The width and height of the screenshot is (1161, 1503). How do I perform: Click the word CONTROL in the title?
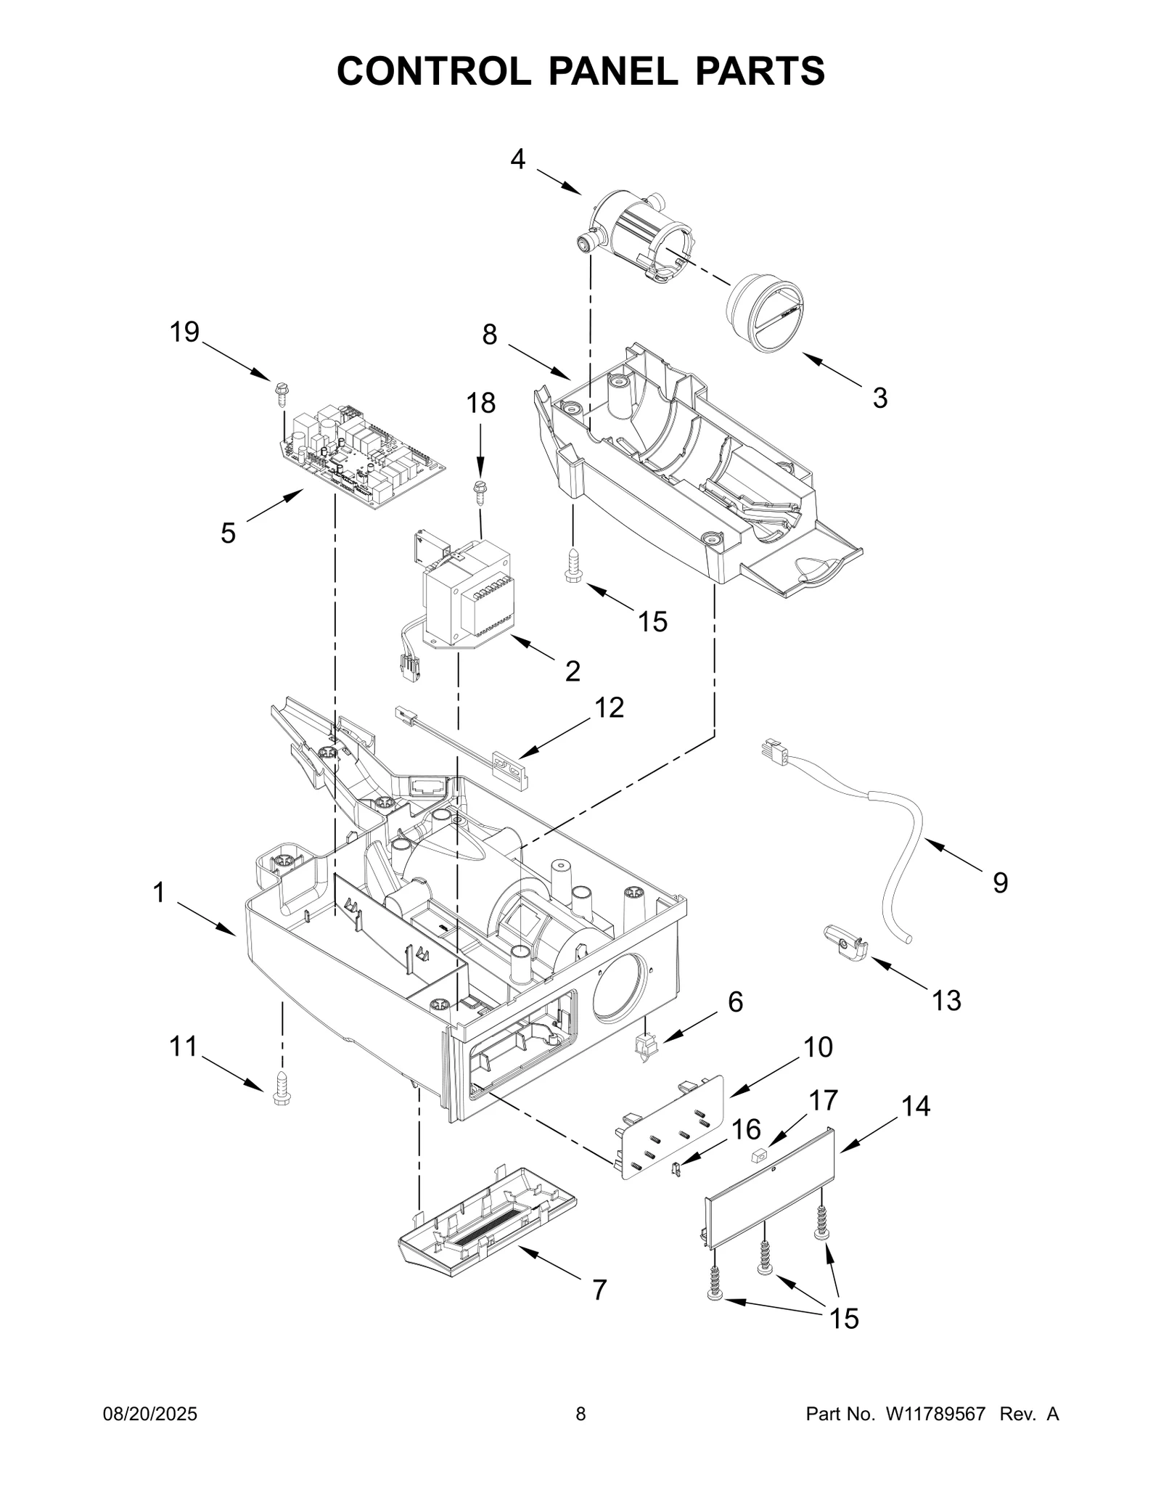[433, 71]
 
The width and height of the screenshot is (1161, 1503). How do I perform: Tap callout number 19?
[184, 332]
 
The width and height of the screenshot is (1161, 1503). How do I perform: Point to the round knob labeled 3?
[766, 314]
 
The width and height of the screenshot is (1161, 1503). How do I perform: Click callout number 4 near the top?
[517, 159]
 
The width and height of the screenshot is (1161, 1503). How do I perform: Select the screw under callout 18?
[479, 489]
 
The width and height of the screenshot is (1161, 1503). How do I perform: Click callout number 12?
[609, 707]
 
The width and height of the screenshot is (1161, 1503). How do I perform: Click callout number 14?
[916, 1106]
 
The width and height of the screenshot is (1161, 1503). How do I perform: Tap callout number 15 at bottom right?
[845, 1319]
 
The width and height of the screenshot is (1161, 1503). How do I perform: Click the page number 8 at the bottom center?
[580, 1414]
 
